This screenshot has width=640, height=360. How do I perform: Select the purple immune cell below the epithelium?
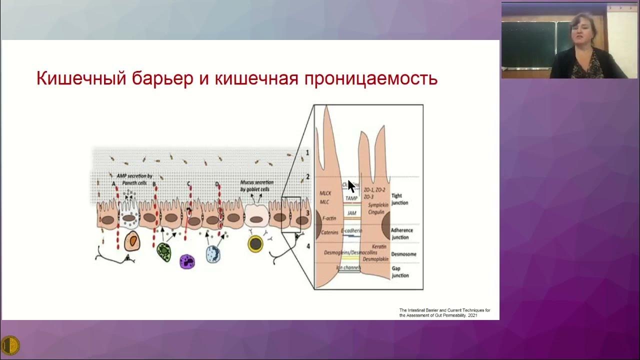tap(187, 260)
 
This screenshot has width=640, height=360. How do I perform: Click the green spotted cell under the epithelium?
tap(163, 251)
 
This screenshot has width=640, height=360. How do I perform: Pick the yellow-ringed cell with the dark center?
tap(255, 243)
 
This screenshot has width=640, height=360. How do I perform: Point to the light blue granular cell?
tap(213, 254)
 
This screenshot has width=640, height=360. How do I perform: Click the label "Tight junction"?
tap(400, 199)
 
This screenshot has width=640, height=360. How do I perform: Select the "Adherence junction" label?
tap(402, 233)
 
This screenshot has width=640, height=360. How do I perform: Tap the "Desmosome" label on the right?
tap(403, 254)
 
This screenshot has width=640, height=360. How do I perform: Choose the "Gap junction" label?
tap(400, 272)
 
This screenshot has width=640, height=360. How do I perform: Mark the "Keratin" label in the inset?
tap(379, 246)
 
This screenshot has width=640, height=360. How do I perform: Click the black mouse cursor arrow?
tap(351, 186)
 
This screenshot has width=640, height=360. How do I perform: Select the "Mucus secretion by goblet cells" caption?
tap(255, 186)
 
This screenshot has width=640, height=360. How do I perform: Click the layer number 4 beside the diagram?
tap(308, 246)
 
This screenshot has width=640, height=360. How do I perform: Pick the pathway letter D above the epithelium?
tap(217, 184)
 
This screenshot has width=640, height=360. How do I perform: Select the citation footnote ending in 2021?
tap(444, 313)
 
